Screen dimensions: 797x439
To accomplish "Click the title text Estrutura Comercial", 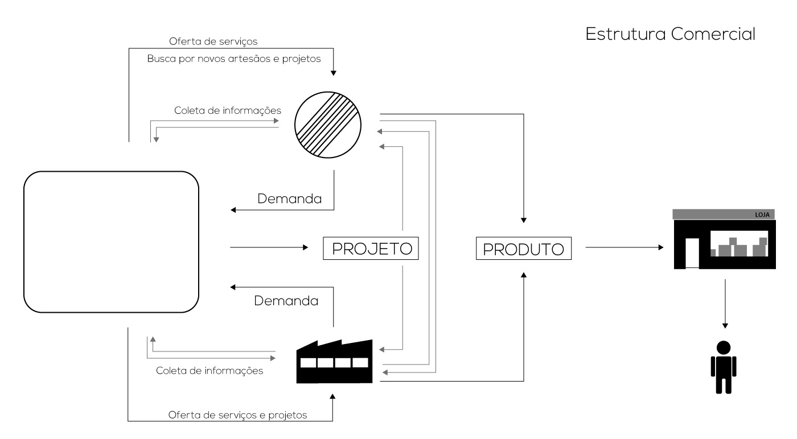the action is [671, 34].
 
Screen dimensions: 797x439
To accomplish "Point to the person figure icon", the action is [724, 367].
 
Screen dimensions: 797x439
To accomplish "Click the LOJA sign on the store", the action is [762, 215].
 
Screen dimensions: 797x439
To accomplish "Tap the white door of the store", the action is [692, 252].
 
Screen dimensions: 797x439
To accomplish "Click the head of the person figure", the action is [724, 347].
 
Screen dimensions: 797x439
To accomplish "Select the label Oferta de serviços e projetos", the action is [237, 415].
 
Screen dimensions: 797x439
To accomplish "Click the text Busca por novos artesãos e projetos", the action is [234, 59].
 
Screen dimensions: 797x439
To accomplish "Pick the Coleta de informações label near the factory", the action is [209, 371].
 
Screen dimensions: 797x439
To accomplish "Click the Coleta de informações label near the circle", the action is [228, 110].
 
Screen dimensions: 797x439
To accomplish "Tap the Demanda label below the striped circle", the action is [290, 198].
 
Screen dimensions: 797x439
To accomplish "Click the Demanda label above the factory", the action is [286, 301].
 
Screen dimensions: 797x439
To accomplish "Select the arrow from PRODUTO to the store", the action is [625, 247].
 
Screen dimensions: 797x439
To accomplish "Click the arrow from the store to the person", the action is [725, 304].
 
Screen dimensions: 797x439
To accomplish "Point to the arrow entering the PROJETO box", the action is [269, 247].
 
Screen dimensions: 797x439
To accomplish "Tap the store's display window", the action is [739, 243].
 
